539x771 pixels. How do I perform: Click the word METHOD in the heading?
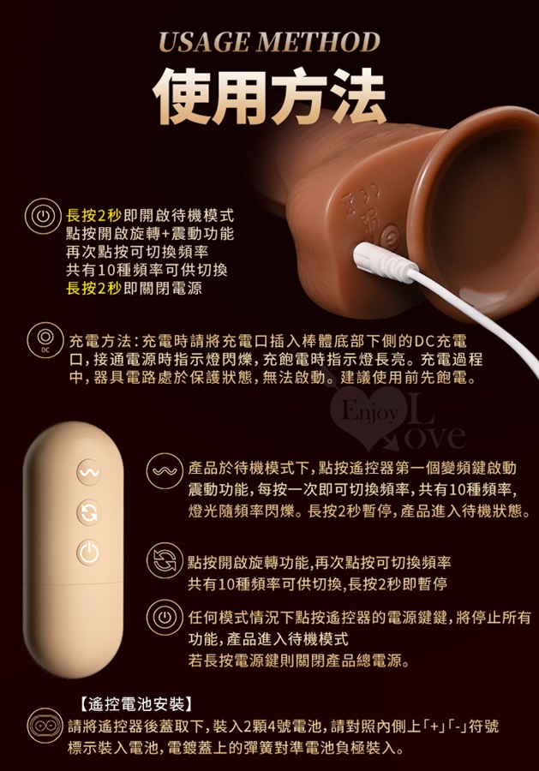[321, 42]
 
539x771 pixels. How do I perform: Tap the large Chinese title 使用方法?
[269, 95]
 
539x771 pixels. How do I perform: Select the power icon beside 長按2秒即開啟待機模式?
[44, 216]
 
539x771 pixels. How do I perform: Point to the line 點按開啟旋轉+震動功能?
[150, 234]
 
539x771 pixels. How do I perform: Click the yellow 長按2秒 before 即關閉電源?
[93, 288]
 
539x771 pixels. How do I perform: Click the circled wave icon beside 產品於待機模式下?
[165, 471]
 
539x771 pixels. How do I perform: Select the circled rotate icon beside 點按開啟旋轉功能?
[165, 560]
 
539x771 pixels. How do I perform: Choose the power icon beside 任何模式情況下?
[165, 617]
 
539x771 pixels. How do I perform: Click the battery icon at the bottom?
[45, 726]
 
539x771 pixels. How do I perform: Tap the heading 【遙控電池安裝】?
[135, 704]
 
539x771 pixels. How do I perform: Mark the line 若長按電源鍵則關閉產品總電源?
[298, 660]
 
